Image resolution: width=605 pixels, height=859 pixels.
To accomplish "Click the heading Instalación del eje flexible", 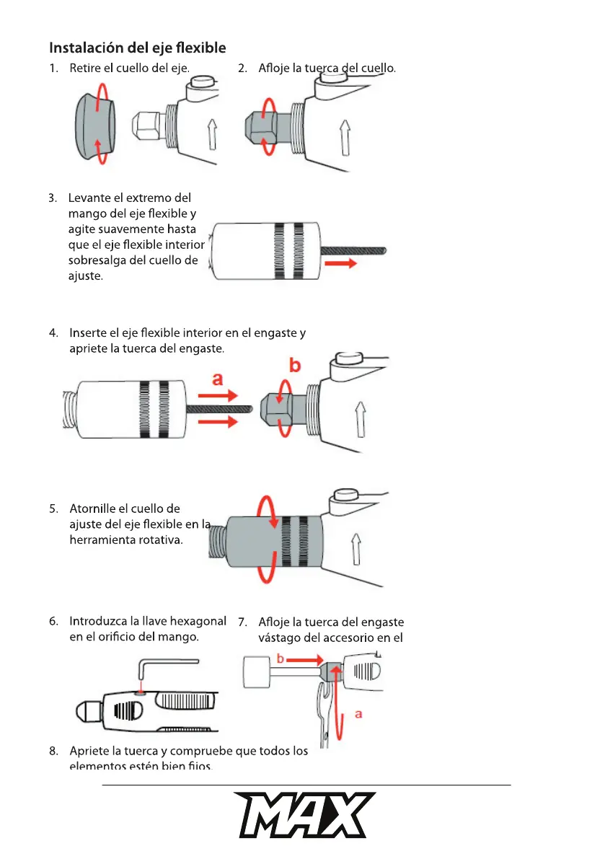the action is (137, 48).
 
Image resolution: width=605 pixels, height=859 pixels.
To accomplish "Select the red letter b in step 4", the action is (294, 365).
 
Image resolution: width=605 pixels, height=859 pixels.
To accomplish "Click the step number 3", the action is (53, 198).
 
